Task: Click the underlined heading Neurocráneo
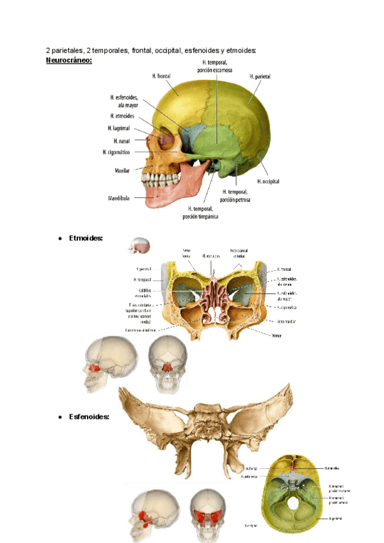[x=68, y=61]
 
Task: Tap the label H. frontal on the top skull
[x=161, y=76]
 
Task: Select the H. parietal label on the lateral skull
[x=259, y=76]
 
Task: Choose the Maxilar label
[x=122, y=171]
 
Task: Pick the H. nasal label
[x=121, y=140]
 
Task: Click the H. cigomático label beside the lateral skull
[x=116, y=152]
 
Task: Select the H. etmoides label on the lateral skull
[x=122, y=117]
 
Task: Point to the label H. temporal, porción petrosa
[x=235, y=195]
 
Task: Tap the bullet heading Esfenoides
[x=89, y=417]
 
